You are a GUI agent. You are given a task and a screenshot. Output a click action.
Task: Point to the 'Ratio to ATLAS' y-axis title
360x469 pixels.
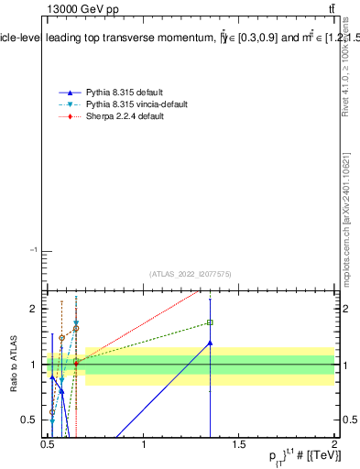click(14, 365)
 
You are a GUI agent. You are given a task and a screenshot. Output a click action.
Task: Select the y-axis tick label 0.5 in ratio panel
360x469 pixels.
click(28, 420)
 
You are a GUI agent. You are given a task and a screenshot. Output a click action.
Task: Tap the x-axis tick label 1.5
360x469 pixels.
click(239, 445)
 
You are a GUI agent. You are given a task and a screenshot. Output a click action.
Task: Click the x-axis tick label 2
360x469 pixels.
click(333, 445)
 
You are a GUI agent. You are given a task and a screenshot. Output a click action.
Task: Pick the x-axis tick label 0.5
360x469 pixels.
click(49, 445)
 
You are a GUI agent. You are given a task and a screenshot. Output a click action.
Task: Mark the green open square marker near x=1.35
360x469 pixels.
click(210, 322)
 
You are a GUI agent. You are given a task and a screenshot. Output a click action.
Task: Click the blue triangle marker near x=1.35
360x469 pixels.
click(210, 343)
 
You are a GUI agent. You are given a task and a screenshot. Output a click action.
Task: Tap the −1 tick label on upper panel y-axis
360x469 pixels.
click(33, 250)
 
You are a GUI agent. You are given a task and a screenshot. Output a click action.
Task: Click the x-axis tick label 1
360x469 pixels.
click(145, 445)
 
